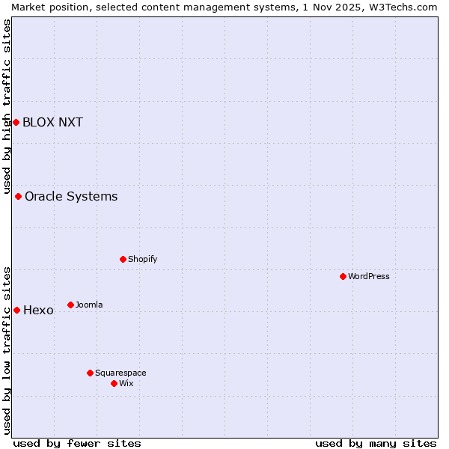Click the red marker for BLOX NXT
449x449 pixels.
[16, 122]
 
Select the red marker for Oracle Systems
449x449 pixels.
[19, 196]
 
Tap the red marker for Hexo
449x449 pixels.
[16, 310]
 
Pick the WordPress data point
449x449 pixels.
[343, 276]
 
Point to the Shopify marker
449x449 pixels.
[123, 259]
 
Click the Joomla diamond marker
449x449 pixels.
[71, 305]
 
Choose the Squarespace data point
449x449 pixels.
[91, 373]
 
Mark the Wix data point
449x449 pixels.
[114, 383]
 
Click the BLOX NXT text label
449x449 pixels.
[52, 123]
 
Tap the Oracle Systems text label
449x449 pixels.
[71, 197]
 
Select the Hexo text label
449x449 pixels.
[38, 311]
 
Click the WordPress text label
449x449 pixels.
[369, 277]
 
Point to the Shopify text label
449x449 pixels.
[143, 260]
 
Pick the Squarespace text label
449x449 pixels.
[120, 373]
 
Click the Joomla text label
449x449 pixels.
[89, 305]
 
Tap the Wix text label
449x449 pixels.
[126, 384]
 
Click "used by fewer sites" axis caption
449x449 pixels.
[77, 443]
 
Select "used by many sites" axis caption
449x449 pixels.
[376, 443]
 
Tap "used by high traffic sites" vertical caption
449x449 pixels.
[7, 106]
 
